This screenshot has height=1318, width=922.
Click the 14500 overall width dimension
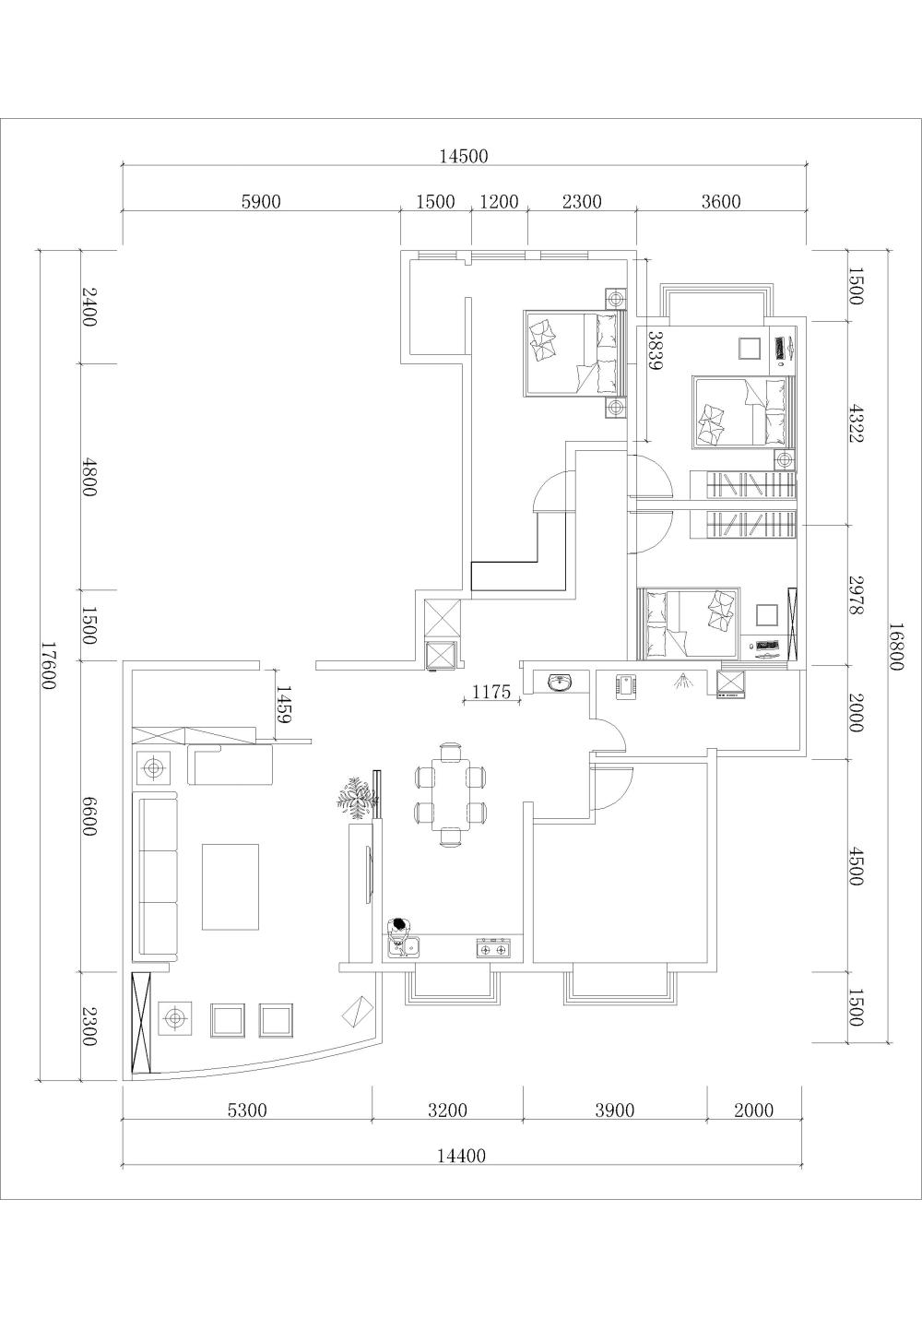464,156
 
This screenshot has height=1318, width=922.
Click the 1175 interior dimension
491,692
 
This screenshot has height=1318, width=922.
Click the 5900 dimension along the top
261,202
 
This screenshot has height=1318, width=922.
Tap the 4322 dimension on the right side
856,422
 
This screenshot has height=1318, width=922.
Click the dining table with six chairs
451,794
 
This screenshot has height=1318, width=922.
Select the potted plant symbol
357,799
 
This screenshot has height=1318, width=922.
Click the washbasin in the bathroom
560,683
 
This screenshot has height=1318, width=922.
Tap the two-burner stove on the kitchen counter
493,948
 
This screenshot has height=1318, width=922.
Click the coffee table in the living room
230,886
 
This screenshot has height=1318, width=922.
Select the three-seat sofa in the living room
158,873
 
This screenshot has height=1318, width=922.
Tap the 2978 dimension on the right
856,596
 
